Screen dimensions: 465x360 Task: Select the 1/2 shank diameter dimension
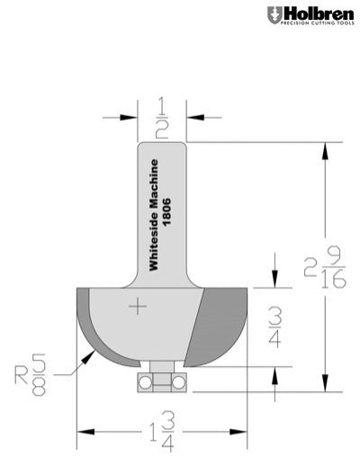click(162, 117)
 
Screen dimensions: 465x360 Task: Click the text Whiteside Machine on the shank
click(154, 215)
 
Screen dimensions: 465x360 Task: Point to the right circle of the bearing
click(178, 382)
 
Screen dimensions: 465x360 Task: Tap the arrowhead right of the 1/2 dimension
click(193, 117)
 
